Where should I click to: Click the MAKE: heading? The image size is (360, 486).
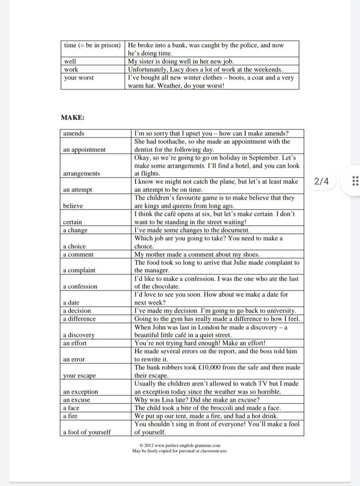(x=72, y=118)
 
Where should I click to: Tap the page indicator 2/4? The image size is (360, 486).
(x=322, y=181)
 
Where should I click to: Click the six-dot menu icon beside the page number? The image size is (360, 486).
(x=354, y=181)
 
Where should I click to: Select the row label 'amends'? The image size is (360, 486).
(x=74, y=133)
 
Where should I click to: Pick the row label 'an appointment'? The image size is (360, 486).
(x=85, y=150)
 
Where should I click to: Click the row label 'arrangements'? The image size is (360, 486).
(x=81, y=173)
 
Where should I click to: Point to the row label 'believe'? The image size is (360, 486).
(x=73, y=205)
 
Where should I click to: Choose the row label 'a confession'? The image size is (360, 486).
(x=80, y=286)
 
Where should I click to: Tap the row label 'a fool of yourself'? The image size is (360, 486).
(x=86, y=432)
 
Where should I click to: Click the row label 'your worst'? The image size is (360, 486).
(x=79, y=78)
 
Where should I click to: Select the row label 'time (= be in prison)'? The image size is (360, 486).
(x=93, y=45)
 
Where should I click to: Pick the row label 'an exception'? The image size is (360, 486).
(x=81, y=392)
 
